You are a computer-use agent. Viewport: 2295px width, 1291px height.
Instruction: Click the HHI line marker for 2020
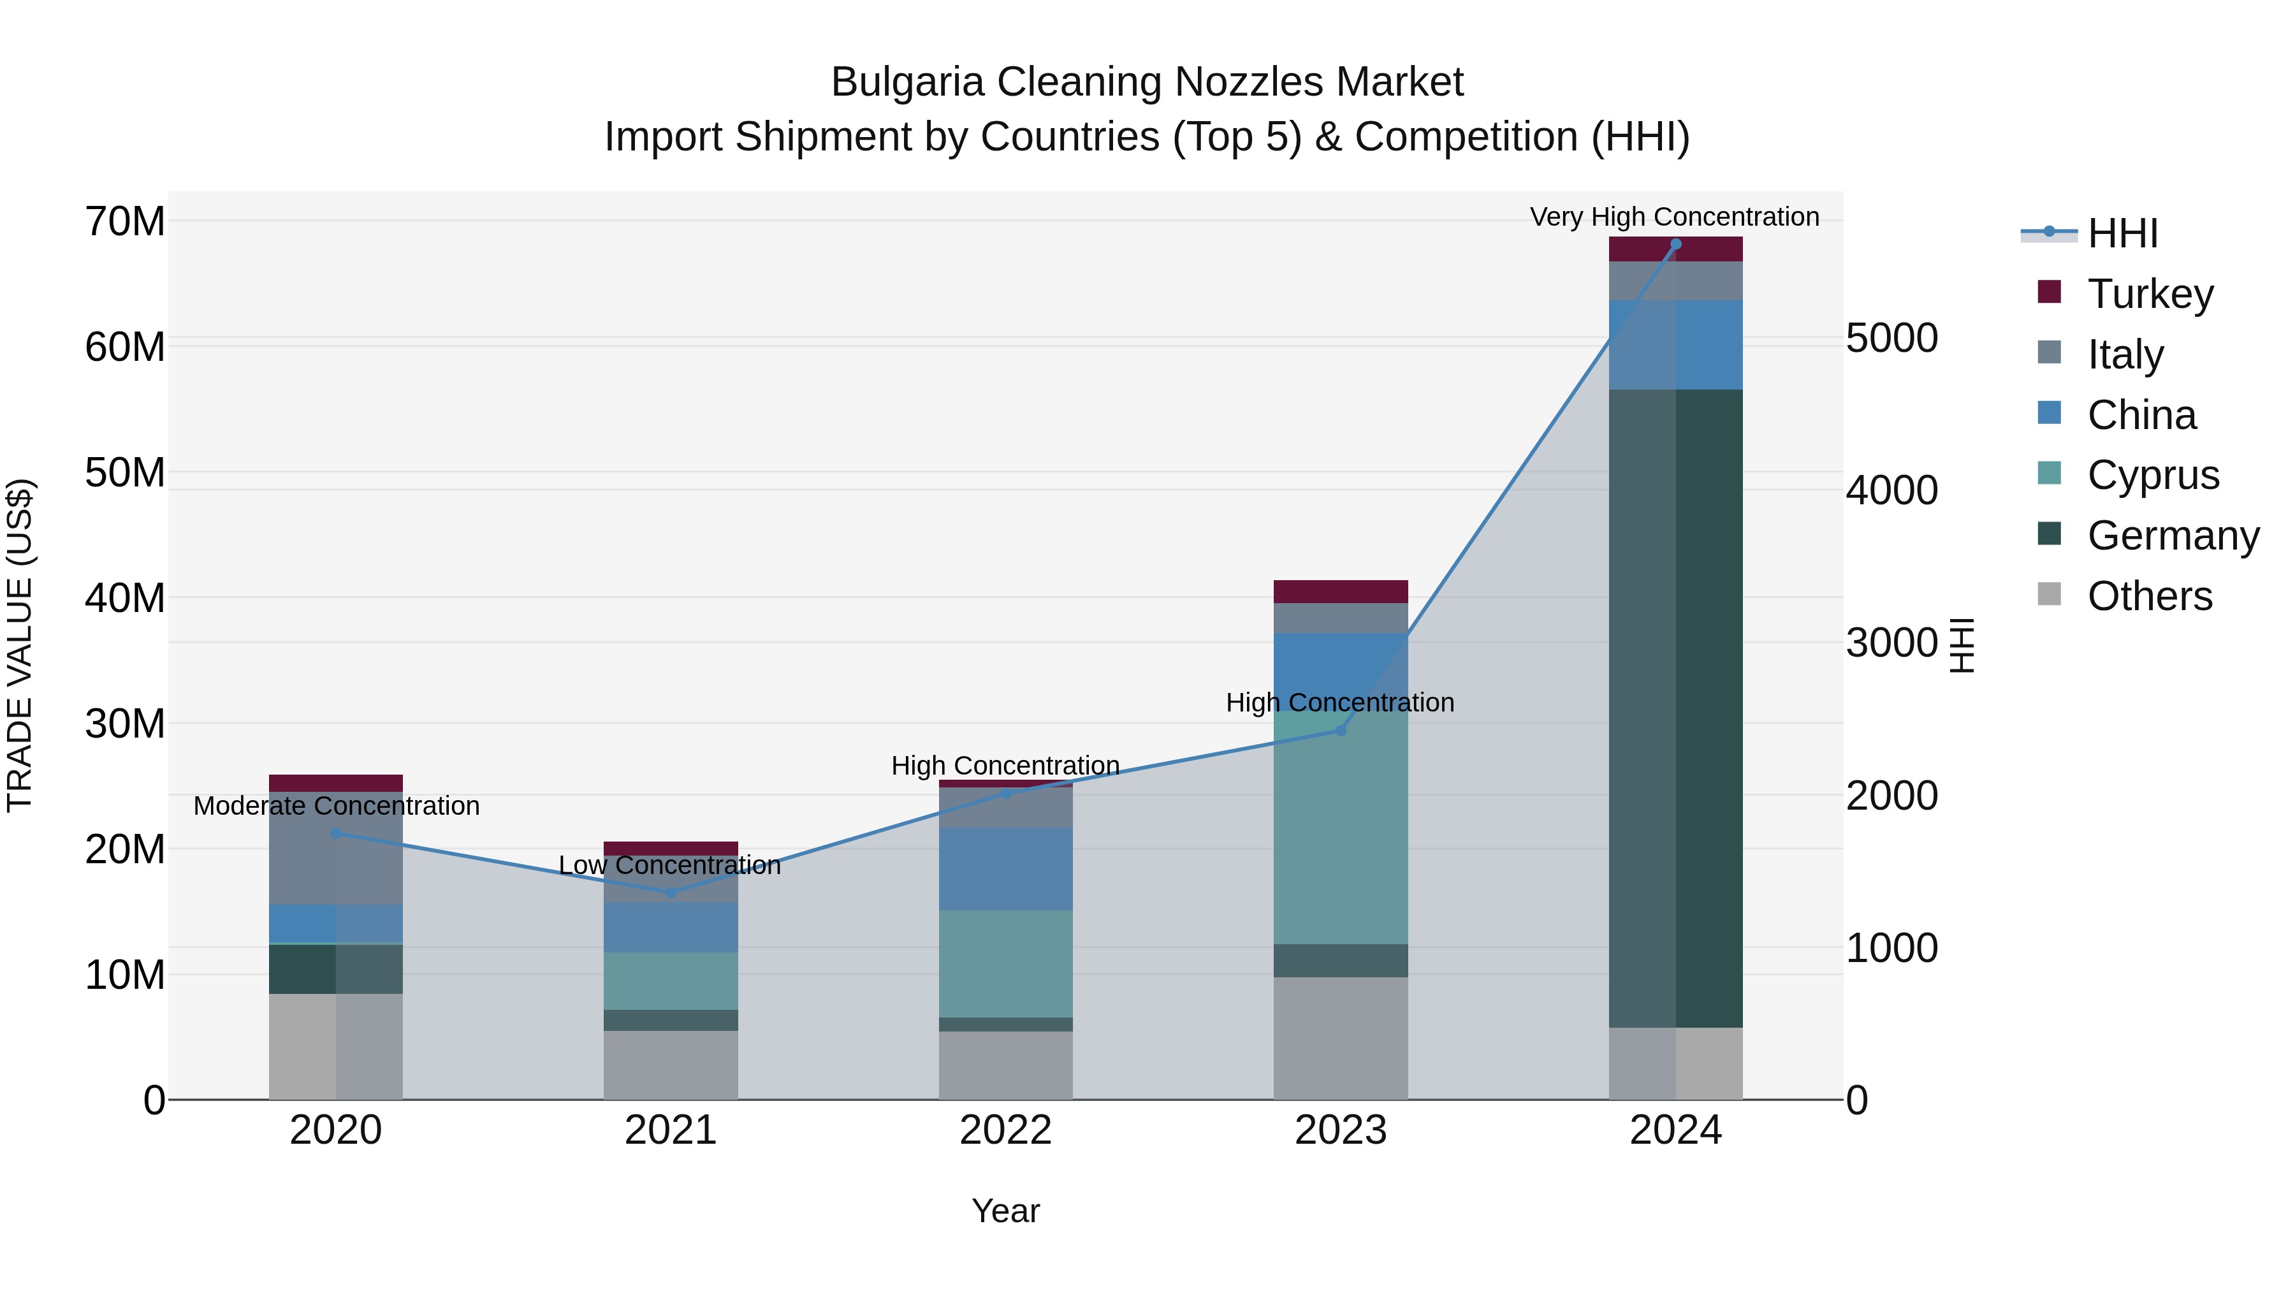336,834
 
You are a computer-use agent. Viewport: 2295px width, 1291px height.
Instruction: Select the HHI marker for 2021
671,892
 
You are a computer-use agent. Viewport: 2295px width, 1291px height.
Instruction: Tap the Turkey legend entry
2149,293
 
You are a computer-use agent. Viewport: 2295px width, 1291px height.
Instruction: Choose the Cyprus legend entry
2152,475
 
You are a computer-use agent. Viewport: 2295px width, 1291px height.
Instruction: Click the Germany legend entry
2172,536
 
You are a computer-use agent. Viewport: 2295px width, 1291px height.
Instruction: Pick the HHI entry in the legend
2122,233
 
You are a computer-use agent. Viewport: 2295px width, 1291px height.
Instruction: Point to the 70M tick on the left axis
125,221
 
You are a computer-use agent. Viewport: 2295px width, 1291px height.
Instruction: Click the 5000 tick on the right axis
1891,338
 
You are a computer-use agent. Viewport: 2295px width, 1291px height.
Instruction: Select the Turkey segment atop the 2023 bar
1341,592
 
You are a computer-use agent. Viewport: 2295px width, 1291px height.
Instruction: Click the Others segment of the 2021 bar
671,1065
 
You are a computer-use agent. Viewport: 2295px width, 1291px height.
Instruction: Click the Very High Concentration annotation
1674,217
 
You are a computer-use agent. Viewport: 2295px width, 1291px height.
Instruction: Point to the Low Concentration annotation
669,865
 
